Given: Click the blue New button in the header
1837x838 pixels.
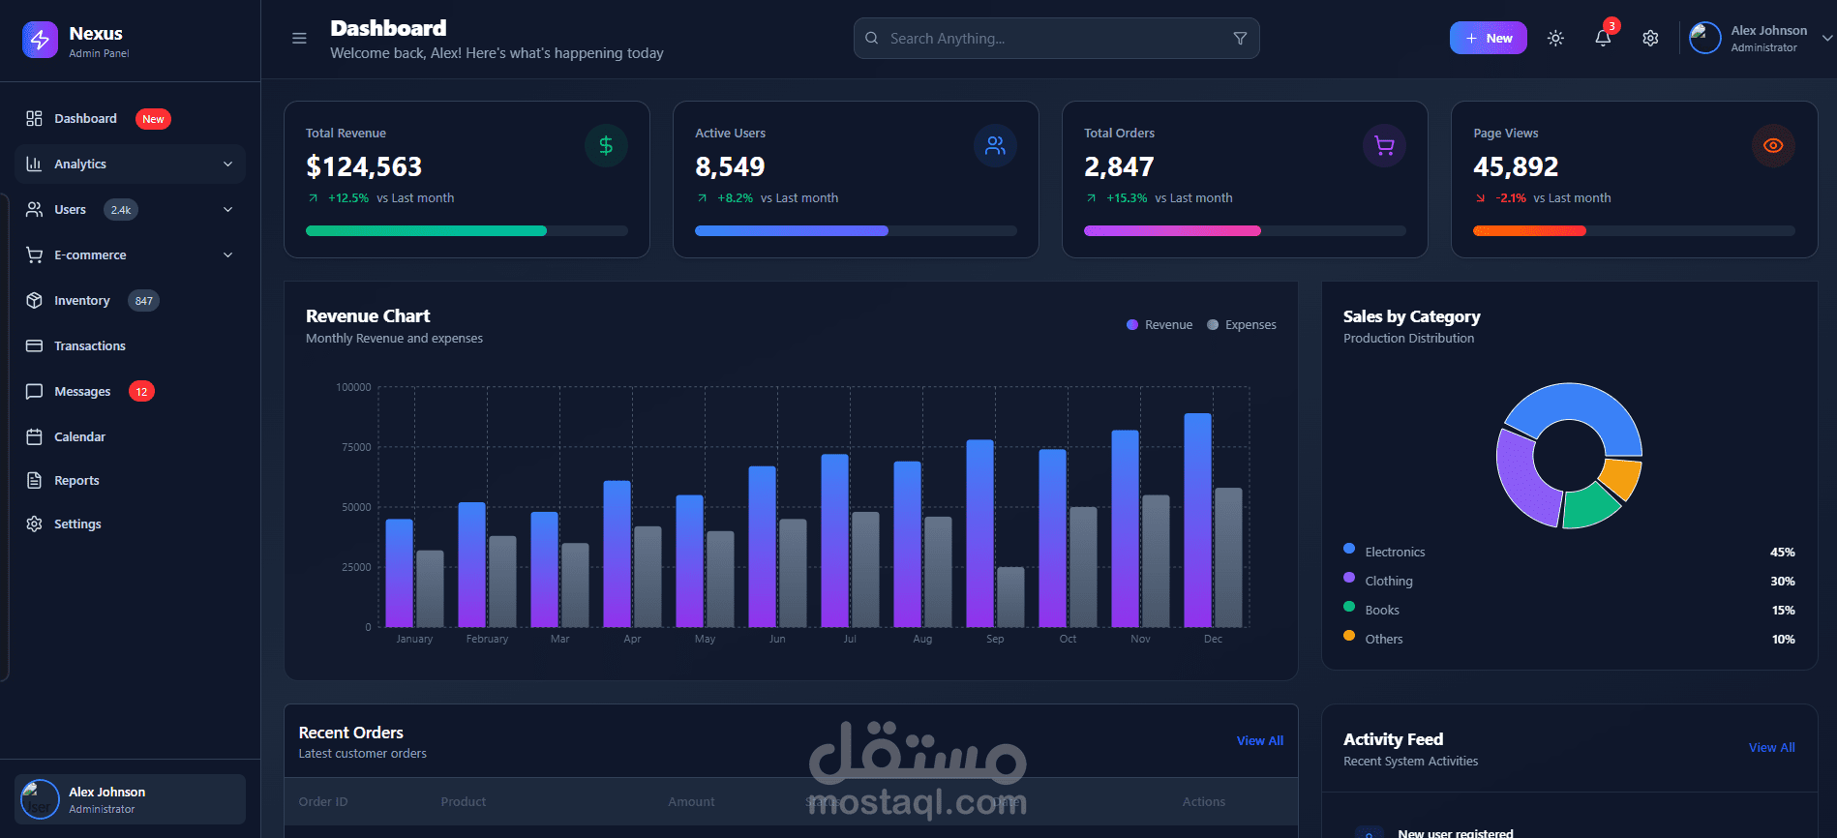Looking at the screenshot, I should (x=1488, y=38).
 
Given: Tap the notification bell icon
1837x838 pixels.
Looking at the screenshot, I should (x=1603, y=38).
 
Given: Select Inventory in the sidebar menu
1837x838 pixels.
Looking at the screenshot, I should (x=81, y=301).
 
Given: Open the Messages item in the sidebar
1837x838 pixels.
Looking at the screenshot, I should (x=82, y=392).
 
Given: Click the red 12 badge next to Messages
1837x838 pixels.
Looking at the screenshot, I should (x=141, y=392).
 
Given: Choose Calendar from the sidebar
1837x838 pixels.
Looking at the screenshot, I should (x=79, y=437).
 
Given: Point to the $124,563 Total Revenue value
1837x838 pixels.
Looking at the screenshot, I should (x=364, y=167).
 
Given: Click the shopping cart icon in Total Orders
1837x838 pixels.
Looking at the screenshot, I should (x=1384, y=146).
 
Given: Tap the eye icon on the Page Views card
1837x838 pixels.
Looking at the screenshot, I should (x=1773, y=146).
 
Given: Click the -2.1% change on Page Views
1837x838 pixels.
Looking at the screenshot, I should (x=1510, y=198).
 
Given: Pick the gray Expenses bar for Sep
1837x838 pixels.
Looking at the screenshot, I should (x=1010, y=597).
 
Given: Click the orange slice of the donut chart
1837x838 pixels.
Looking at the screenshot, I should (x=1621, y=477).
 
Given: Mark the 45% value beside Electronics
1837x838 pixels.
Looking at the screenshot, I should (x=1782, y=553).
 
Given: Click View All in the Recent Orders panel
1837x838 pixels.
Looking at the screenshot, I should (x=1259, y=741).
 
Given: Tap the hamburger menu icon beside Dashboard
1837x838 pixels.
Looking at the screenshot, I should (x=299, y=39).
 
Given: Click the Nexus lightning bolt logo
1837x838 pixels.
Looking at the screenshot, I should (x=40, y=40).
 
